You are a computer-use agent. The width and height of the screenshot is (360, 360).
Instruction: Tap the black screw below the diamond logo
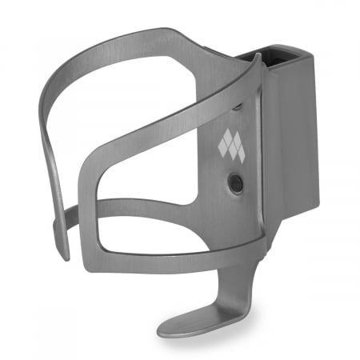[x=234, y=182]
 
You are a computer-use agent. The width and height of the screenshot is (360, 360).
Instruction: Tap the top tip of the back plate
[x=258, y=58]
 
